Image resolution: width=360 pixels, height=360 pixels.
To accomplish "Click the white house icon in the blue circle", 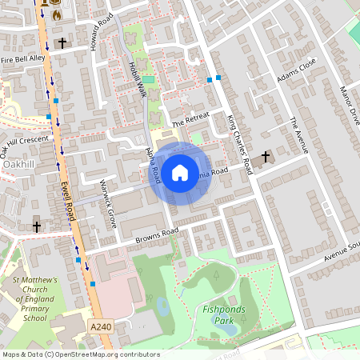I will click(180, 173).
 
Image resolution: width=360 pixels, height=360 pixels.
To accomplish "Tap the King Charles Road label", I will click(238, 145).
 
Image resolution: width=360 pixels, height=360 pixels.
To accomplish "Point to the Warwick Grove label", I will click(107, 206).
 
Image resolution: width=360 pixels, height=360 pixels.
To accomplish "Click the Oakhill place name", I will click(18, 163).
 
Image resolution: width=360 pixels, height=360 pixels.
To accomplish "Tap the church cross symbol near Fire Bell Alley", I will click(62, 42).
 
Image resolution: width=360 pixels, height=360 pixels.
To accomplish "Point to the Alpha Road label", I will click(151, 164).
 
